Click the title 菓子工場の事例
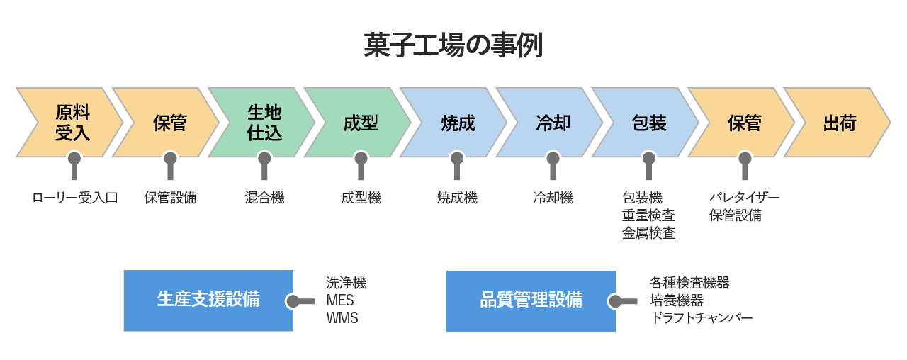pos(453,45)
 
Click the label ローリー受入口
pos(75,198)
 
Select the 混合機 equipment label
pos(264,198)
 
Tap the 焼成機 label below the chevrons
pos(457,198)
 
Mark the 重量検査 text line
pos(648,215)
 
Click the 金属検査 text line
pos(648,233)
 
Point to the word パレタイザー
pos(744,198)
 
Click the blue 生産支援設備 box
pos(208,300)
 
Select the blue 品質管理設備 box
pos(531,300)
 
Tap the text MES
pos(340,300)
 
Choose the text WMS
pos(342,318)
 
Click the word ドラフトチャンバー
pos(701,318)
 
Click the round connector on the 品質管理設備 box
pos(614,301)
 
